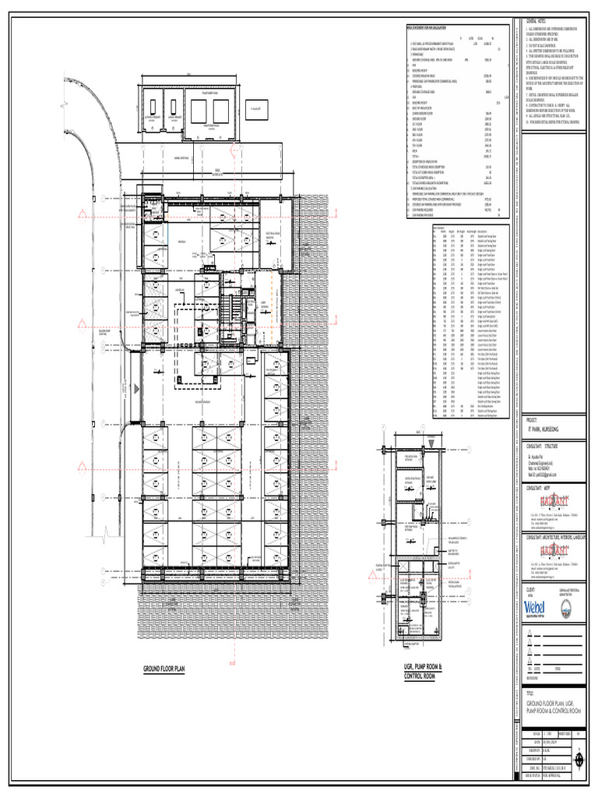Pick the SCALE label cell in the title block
point(536,733)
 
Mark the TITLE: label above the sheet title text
point(531,692)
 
